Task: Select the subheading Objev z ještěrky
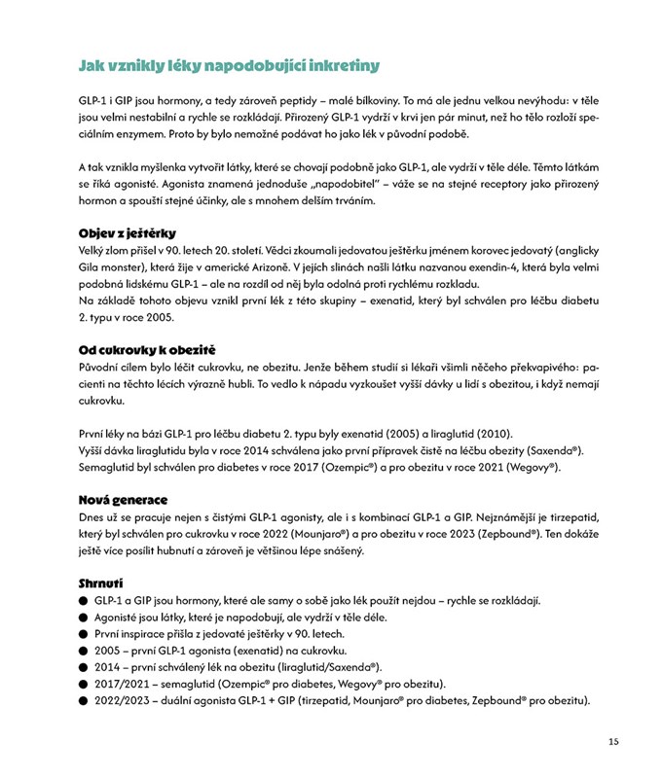click(127, 232)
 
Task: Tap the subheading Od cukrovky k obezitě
click(146, 349)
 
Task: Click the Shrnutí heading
click(100, 583)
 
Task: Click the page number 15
click(612, 741)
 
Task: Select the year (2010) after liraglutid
click(493, 433)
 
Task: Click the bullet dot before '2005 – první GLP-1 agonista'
click(84, 650)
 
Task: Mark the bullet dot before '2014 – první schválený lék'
click(84, 666)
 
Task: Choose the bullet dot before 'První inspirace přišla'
click(84, 633)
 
